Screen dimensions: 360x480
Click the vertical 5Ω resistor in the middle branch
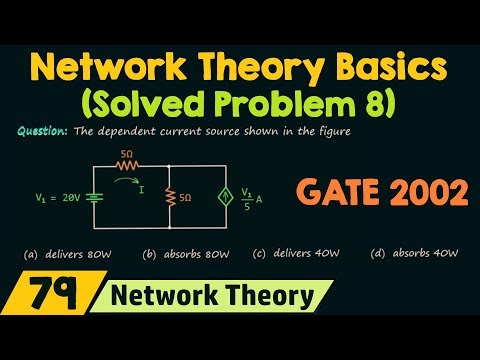(171, 198)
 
